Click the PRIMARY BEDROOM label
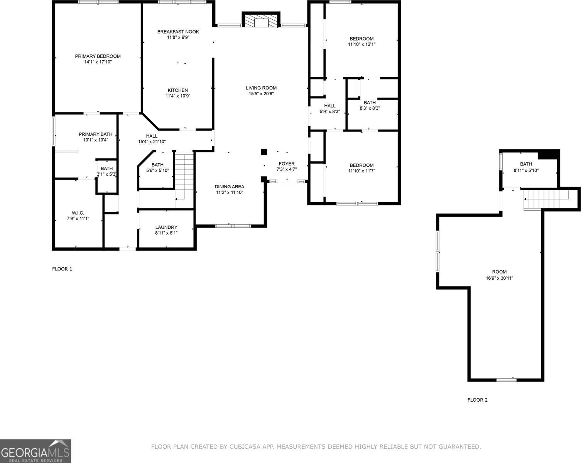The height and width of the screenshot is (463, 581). [x=98, y=56]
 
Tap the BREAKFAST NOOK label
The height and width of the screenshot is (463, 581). [x=178, y=32]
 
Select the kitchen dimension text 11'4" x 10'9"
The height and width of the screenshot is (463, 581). [x=178, y=96]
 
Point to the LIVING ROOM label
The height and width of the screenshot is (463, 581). [x=261, y=88]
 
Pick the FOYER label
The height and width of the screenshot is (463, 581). [x=286, y=164]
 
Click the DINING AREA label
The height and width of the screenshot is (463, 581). [x=229, y=187]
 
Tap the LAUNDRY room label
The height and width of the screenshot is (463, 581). [x=166, y=227]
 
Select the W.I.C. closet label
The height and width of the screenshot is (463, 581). [x=78, y=213]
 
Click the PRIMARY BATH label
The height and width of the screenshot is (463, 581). [x=95, y=134]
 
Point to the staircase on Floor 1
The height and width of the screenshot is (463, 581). [x=184, y=176]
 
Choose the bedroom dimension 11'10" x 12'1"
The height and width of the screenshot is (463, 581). [x=361, y=44]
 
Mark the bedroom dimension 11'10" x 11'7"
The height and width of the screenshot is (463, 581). [x=361, y=171]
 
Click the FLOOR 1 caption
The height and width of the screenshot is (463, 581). [x=62, y=269]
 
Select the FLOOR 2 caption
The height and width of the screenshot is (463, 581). [x=477, y=400]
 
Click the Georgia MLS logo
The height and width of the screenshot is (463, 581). [x=35, y=451]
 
